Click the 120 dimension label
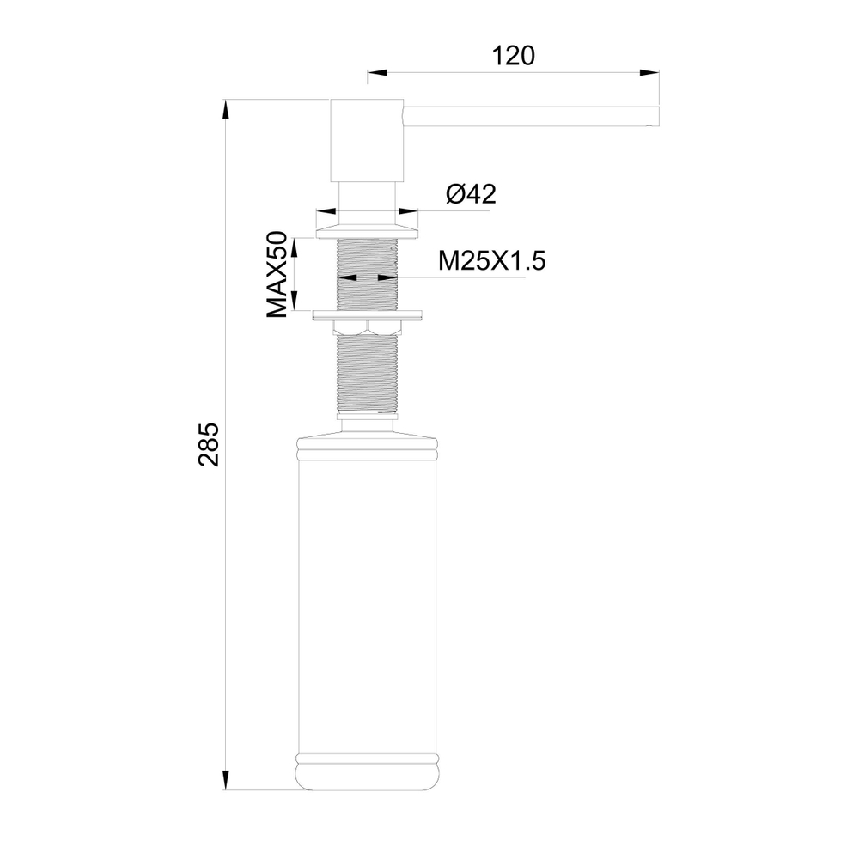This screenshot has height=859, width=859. (x=514, y=56)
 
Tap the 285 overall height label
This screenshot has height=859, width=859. (x=210, y=444)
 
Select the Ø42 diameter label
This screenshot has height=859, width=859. (x=472, y=194)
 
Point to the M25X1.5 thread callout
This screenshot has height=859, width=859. (x=491, y=260)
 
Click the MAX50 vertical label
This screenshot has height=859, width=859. (x=276, y=275)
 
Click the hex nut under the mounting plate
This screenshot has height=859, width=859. (x=368, y=326)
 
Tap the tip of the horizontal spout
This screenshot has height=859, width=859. (x=655, y=117)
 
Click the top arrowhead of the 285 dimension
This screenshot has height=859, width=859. (x=226, y=108)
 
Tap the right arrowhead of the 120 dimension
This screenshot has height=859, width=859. (x=652, y=72)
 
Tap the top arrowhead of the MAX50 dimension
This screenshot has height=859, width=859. (x=294, y=244)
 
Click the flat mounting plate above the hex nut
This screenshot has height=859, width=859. (x=368, y=314)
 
